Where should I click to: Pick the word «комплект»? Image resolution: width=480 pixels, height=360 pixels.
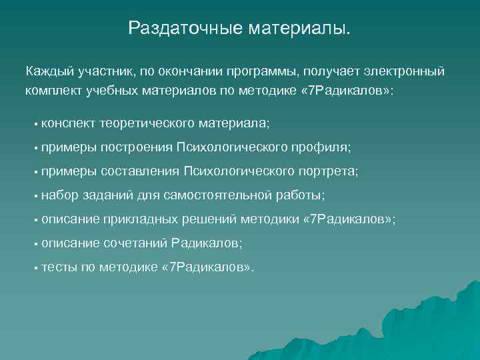(53, 89)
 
